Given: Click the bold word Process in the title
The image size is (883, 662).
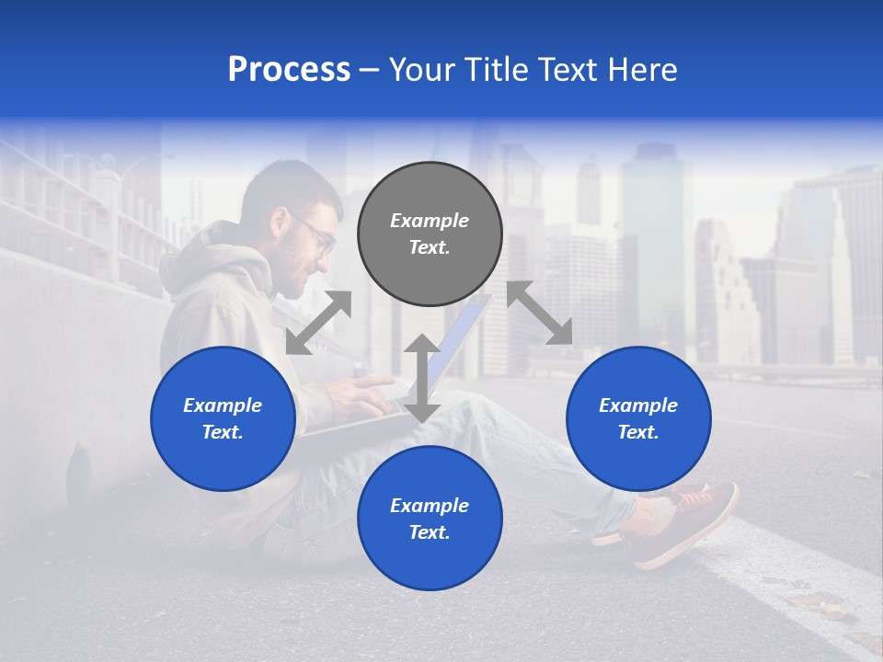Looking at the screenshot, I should (289, 70).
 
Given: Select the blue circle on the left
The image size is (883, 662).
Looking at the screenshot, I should (223, 418).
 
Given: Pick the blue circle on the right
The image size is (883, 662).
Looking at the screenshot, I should (638, 418).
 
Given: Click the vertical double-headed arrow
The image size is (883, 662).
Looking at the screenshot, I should (422, 378).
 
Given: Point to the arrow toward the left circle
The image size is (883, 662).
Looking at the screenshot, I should (318, 322).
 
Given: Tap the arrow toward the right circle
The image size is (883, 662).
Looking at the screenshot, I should (540, 313).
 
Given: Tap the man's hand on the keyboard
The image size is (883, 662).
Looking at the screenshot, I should (363, 387).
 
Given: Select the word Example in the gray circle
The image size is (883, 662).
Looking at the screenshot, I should (430, 221).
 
